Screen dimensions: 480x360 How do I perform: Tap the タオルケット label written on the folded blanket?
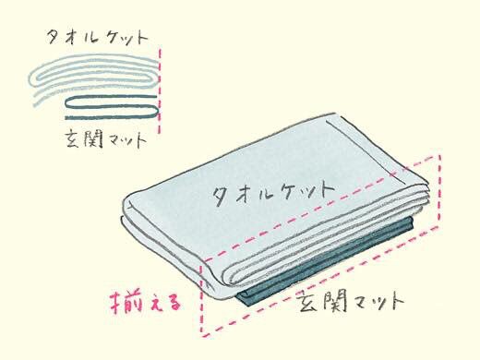(x=273, y=192)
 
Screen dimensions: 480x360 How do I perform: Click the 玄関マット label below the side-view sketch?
(x=106, y=139)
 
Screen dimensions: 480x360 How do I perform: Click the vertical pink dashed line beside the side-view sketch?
(x=160, y=90)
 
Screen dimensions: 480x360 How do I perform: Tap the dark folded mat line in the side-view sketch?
(x=112, y=107)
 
